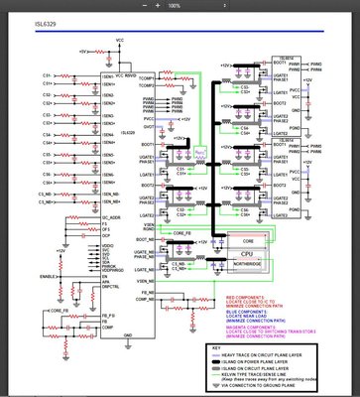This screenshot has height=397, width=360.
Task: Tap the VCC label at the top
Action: (121, 39)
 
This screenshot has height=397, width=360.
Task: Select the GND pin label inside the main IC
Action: (127, 336)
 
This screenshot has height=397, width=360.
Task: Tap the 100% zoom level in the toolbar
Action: (175, 5)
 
